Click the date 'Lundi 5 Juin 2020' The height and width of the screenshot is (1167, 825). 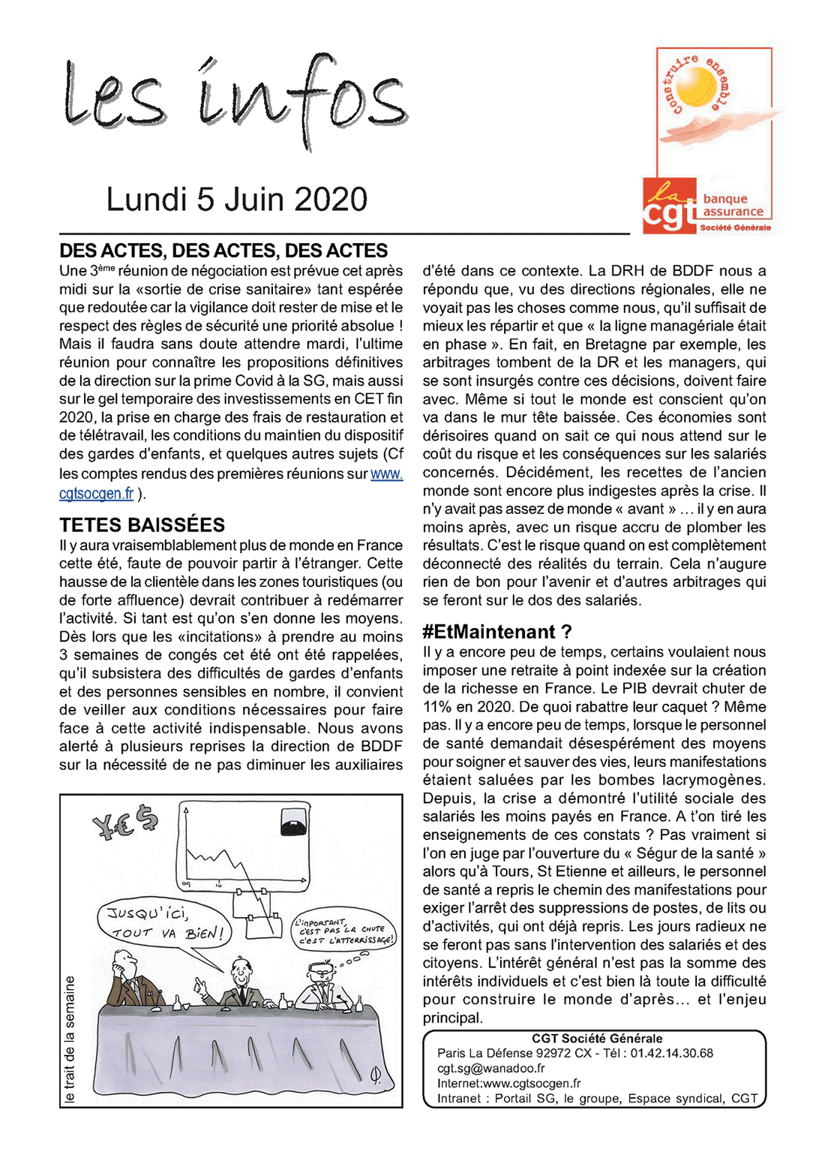coord(236,200)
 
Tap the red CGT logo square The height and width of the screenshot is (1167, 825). coord(669,206)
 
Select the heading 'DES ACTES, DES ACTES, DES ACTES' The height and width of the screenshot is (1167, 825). coord(223,251)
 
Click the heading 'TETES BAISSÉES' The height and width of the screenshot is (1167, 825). coord(142,525)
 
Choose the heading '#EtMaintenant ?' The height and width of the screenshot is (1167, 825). coord(496,632)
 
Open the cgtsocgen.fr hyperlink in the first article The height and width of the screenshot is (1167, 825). coord(96,493)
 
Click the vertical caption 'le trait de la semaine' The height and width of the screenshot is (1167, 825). coord(70,1039)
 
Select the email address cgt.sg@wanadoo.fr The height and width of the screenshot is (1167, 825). coord(490,1068)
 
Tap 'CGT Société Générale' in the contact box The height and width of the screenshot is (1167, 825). coord(597,1039)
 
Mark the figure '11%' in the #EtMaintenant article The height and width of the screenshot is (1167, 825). coord(437,707)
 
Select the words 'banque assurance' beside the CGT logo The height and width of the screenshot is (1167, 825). coord(733,205)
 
